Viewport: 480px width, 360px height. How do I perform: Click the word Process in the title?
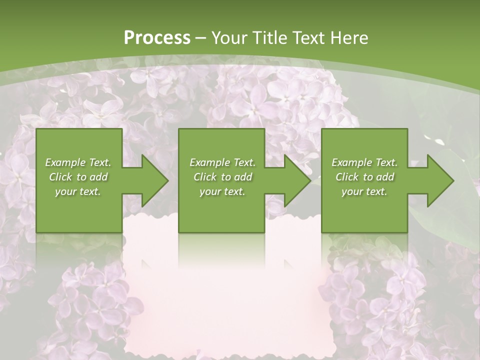[157, 37]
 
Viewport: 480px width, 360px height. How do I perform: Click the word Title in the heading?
[268, 37]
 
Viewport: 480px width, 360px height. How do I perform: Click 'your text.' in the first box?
[78, 191]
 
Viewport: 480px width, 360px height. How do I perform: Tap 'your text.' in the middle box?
[222, 191]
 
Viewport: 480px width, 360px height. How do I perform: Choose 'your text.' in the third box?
[364, 191]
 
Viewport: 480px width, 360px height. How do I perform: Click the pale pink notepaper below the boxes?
[225, 300]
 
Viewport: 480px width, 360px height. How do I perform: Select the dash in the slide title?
[201, 38]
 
